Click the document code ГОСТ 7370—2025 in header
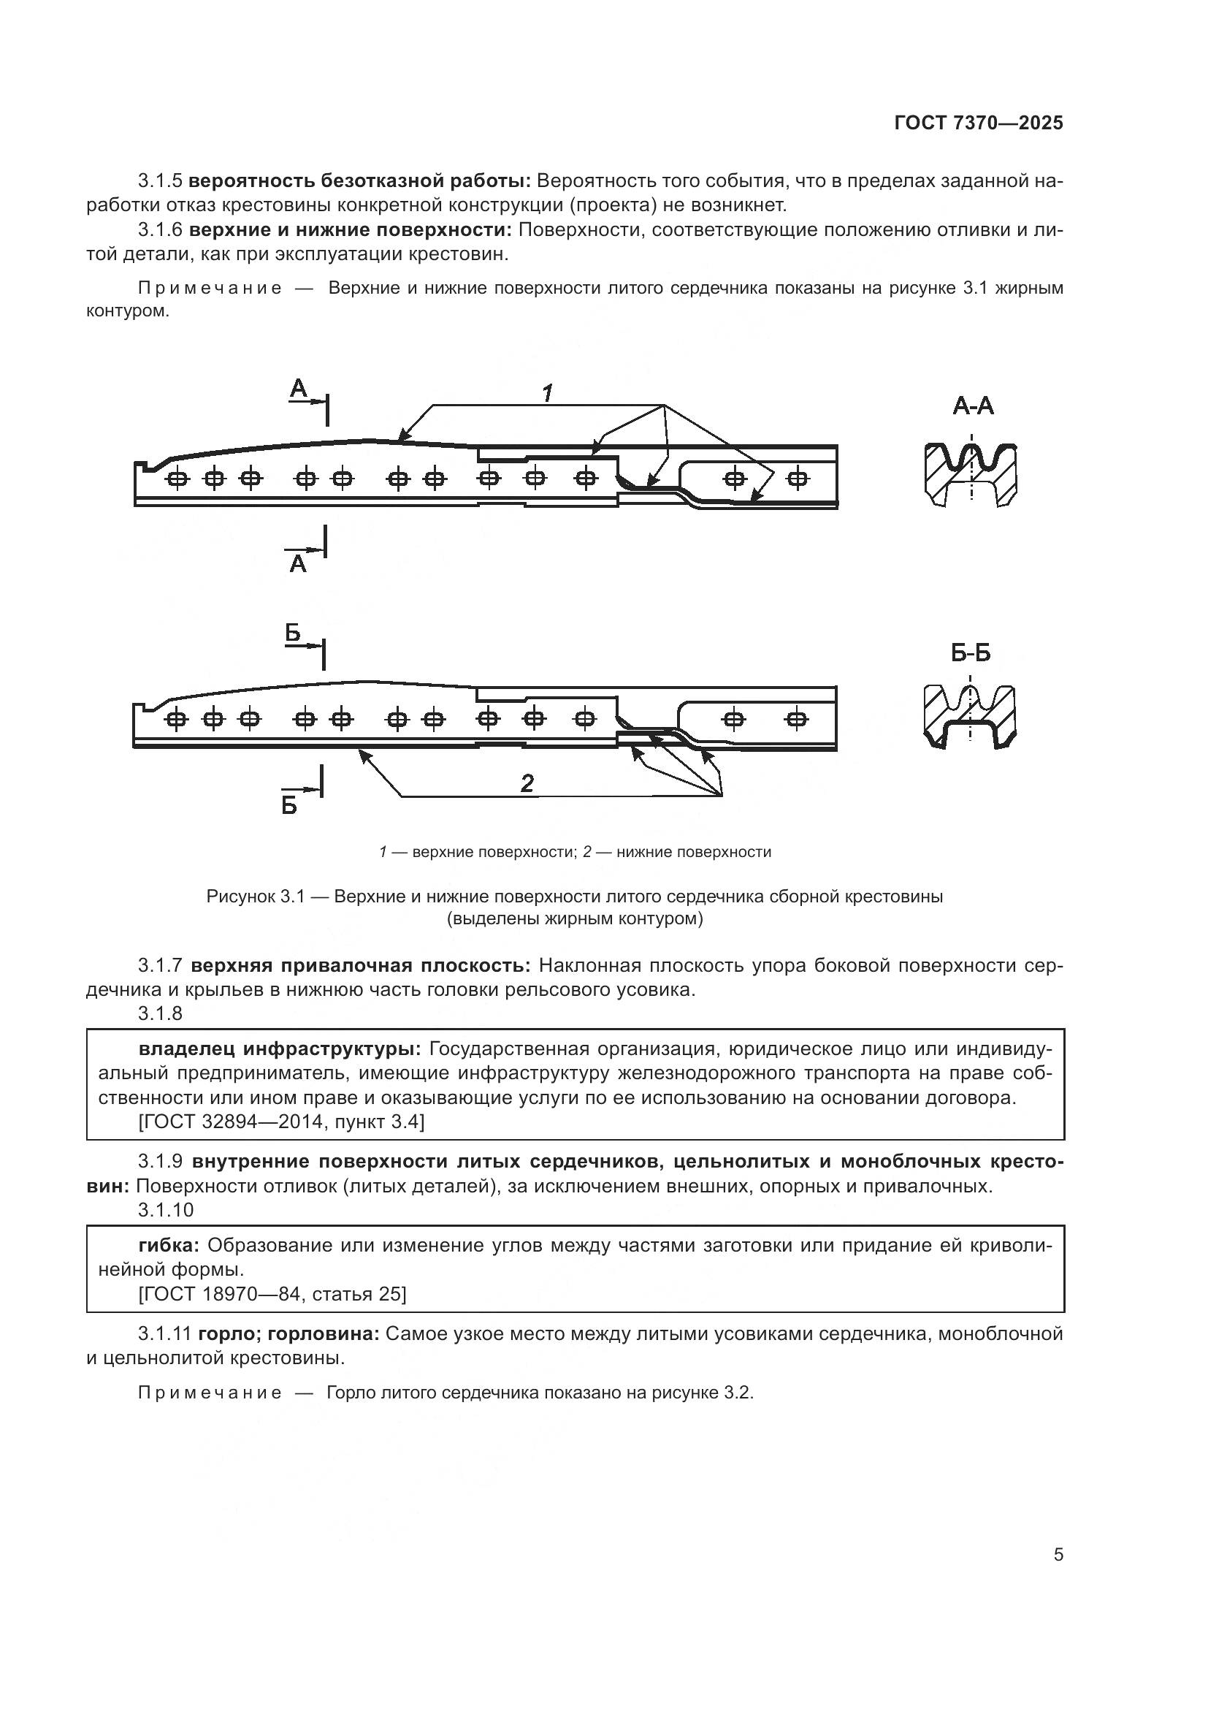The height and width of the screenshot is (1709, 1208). (x=978, y=123)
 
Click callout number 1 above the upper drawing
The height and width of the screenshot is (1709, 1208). (x=547, y=392)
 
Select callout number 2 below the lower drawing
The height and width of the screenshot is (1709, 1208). (x=527, y=783)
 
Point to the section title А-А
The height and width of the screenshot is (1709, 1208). (x=972, y=406)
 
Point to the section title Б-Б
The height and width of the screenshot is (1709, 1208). (x=970, y=653)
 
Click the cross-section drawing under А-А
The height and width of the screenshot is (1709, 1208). (x=971, y=475)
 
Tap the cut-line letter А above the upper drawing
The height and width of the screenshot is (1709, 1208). (x=298, y=388)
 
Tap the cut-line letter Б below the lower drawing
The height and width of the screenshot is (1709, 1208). (x=289, y=805)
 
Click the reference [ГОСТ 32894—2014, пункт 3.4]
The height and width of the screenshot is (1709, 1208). (x=281, y=1122)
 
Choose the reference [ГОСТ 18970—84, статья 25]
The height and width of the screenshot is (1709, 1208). (x=272, y=1294)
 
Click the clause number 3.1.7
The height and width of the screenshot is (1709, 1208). (x=160, y=966)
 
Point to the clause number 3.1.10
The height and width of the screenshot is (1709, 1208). (x=165, y=1209)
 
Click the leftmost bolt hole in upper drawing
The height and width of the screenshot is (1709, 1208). (x=177, y=479)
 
